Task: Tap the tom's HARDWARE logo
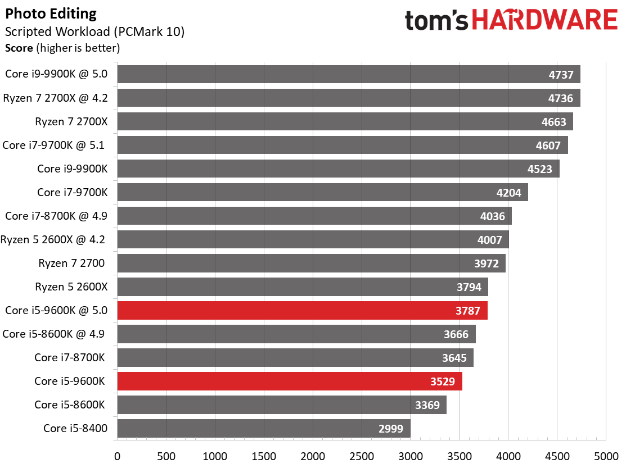coord(511,21)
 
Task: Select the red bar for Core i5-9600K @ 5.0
coord(302,310)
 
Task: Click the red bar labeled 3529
coord(290,381)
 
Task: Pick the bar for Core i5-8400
coord(264,428)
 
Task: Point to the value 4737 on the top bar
coord(561,75)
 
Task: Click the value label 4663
coord(554,122)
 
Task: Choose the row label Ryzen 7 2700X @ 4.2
coord(56,98)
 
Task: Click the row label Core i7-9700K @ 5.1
coord(55,145)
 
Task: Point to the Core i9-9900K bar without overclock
coord(338,169)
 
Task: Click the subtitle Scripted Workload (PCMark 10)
coord(94,31)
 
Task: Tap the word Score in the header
coord(19,48)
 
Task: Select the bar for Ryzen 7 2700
coord(311,263)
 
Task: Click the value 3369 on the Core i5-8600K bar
coord(427,405)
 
